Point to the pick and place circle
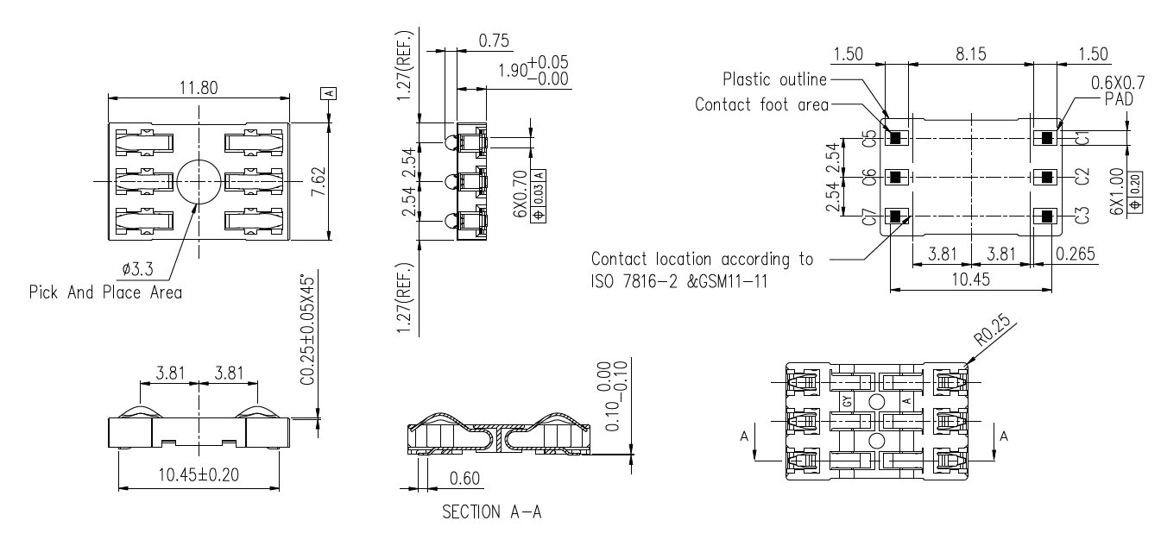(x=199, y=182)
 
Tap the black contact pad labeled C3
(x=1047, y=217)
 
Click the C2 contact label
(x=1082, y=178)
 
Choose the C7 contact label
(x=869, y=217)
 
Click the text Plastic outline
(x=773, y=80)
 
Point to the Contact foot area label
(x=760, y=105)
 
